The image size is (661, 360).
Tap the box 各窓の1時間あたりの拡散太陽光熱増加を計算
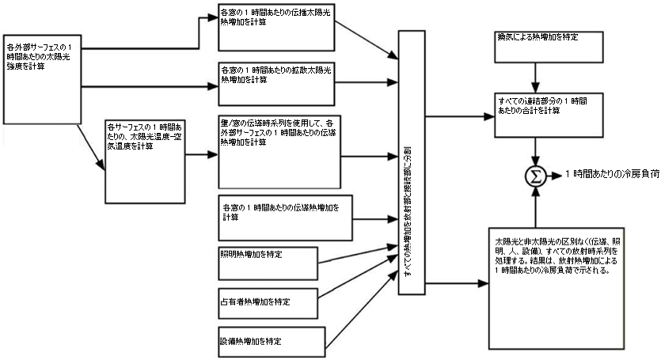point(276,84)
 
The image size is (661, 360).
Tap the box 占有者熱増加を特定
point(268,302)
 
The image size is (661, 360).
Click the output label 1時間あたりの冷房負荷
point(612,174)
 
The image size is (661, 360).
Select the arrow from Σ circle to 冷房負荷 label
point(557,174)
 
